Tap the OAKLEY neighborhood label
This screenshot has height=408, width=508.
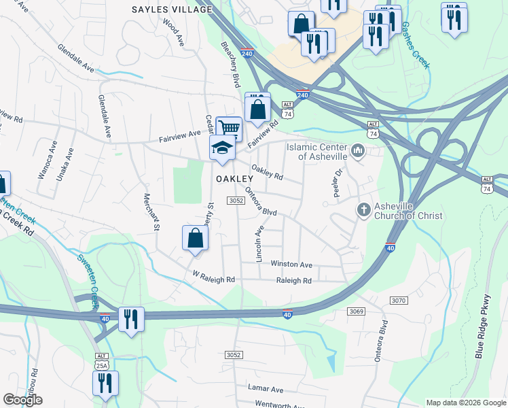pos(234,178)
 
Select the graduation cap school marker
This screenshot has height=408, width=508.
pos(222,148)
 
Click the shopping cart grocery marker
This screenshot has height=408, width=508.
pos(230,127)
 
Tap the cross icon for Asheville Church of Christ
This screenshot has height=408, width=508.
pos(364,211)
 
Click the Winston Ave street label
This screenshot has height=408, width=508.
pos(291,265)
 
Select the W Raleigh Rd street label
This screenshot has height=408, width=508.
pos(214,279)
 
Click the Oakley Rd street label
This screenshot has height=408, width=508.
pos(267,173)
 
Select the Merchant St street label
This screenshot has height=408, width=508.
pos(150,211)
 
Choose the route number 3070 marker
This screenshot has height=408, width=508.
pos(399,300)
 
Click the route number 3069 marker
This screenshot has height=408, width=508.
pos(358,311)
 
